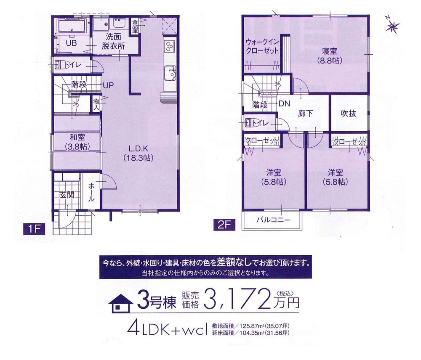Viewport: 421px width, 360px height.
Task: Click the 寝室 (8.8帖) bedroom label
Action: pos(329,56)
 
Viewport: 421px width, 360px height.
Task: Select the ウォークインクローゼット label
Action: pos(262,46)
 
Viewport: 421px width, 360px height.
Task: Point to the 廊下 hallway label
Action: pos(305,113)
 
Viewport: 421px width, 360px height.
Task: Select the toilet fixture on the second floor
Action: pos(249,122)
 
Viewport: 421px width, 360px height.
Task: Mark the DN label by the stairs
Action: pos(283,104)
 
